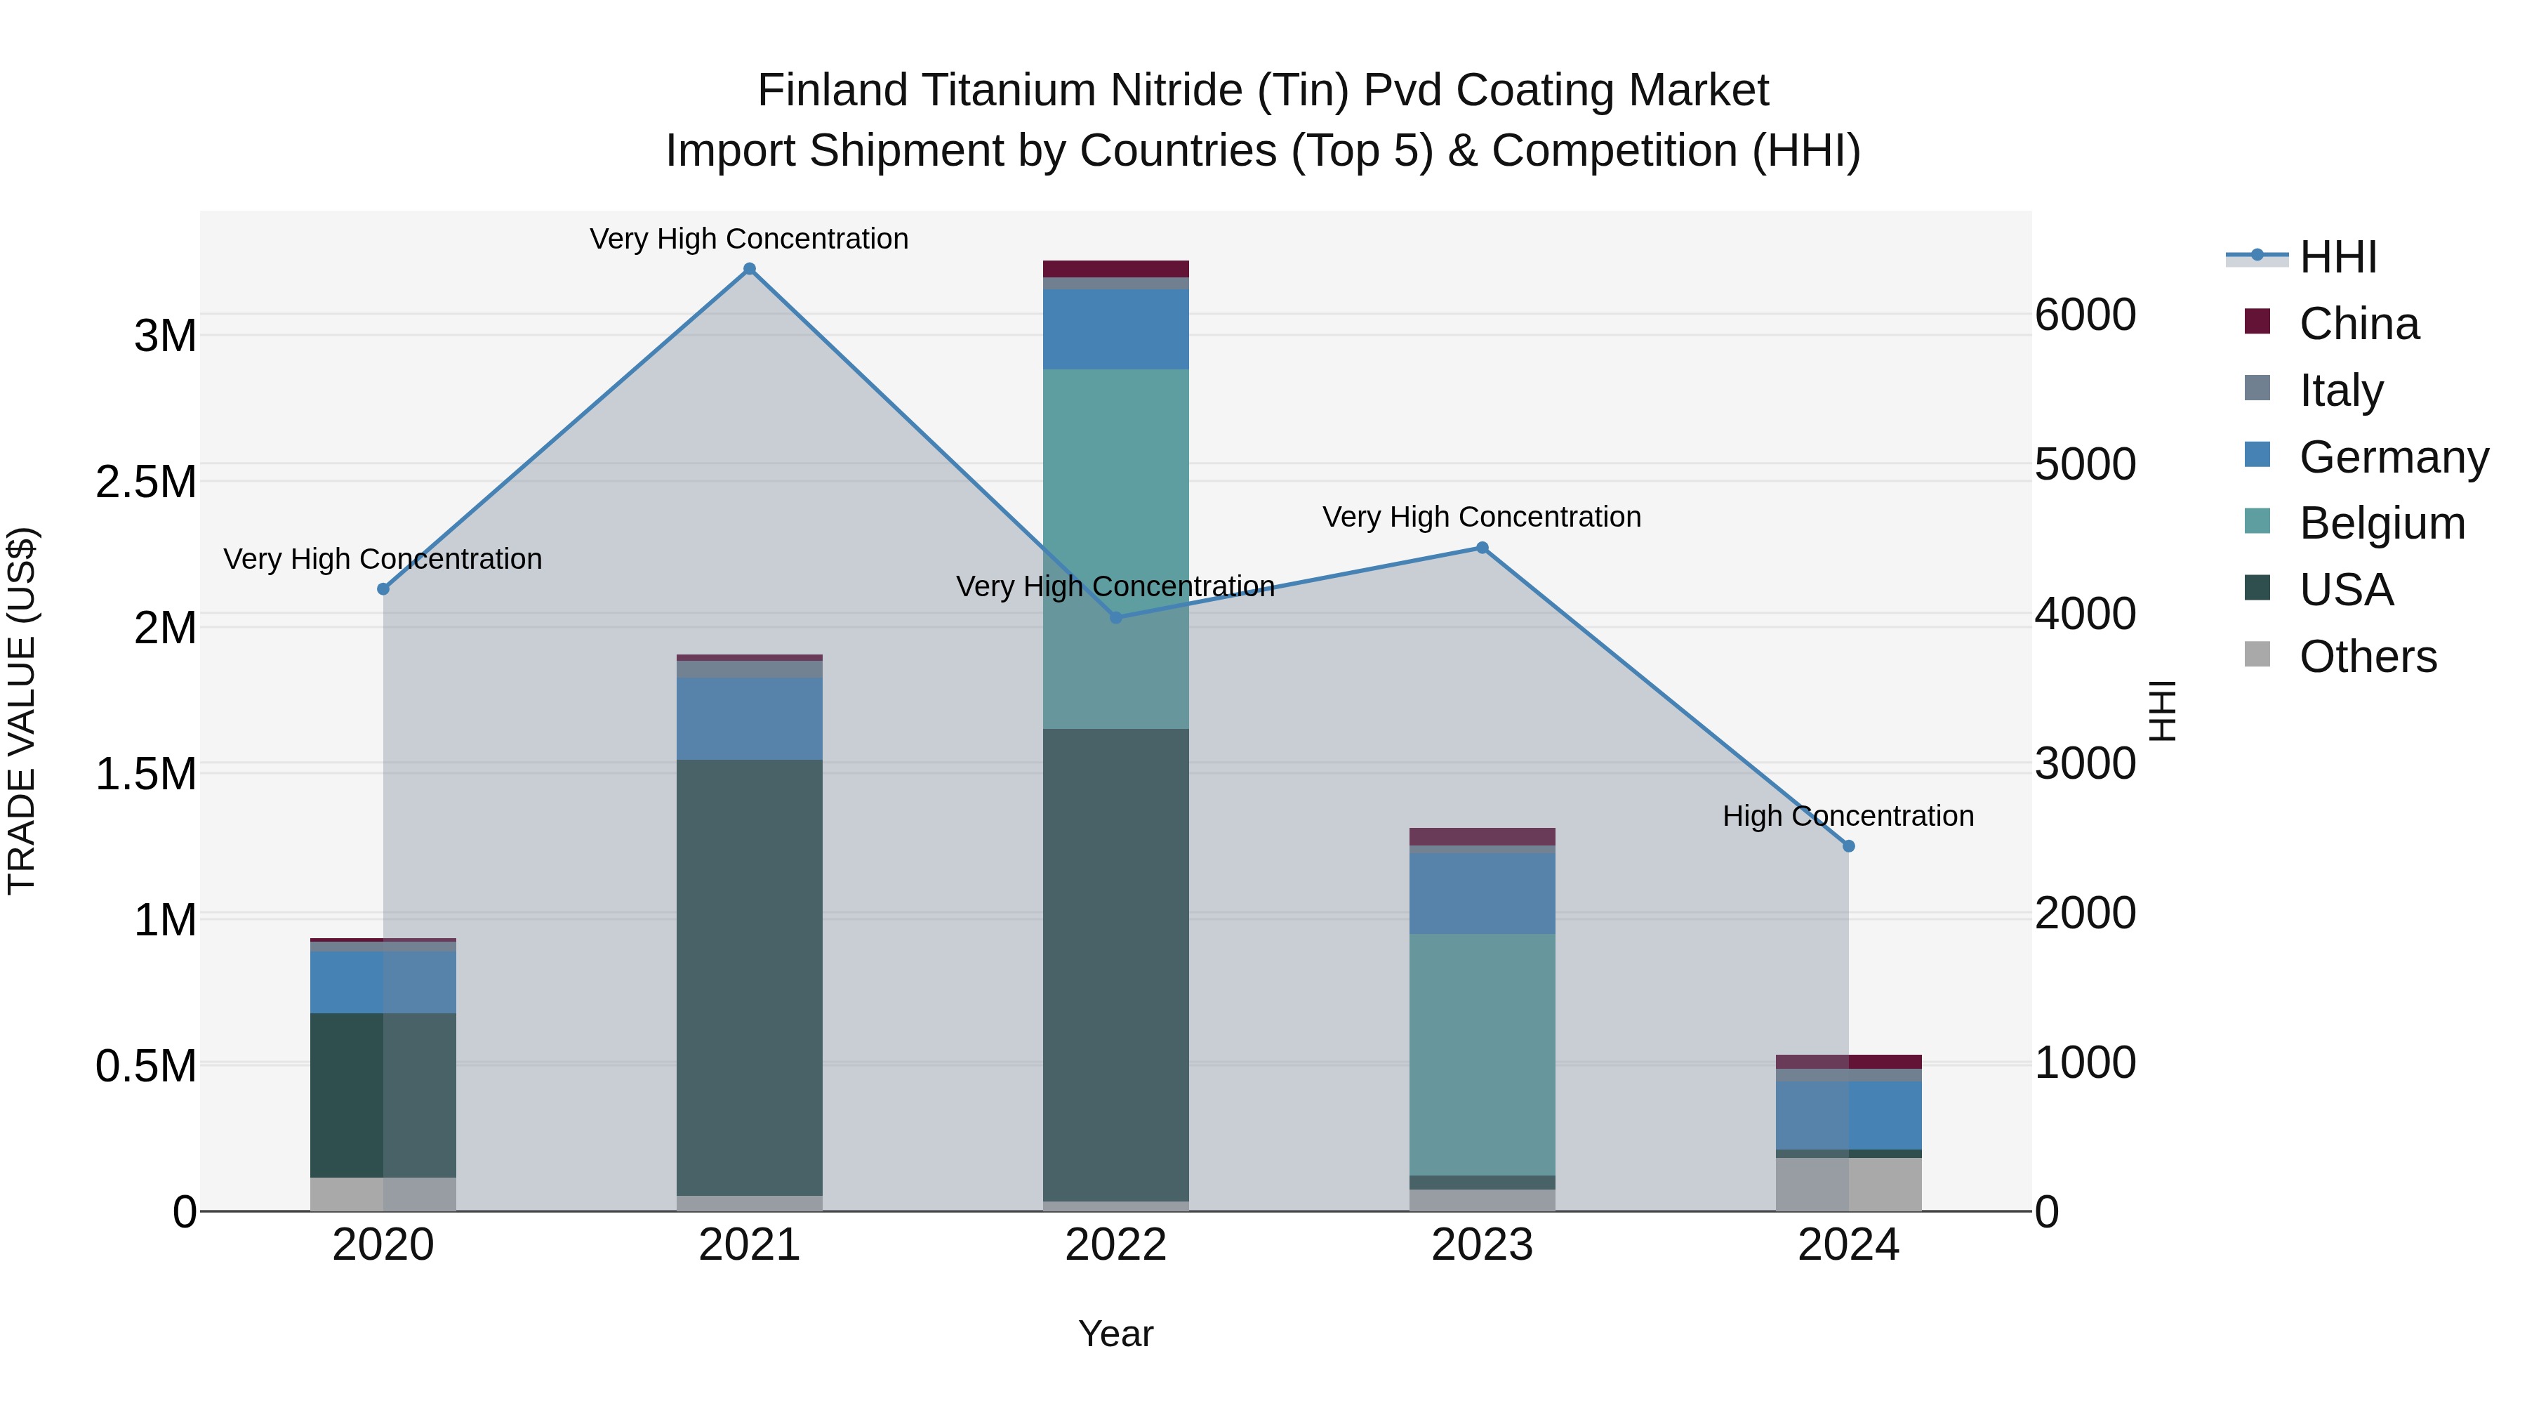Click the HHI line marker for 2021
[750, 269]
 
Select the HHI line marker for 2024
[1848, 846]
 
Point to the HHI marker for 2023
[1483, 548]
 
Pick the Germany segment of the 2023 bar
[1483, 893]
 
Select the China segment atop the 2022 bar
[1115, 269]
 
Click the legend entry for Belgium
[2381, 523]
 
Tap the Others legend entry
[2366, 657]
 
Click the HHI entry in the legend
[2337, 257]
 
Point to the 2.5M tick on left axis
[145, 482]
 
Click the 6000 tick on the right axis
[2085, 315]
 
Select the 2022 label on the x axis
[1115, 1245]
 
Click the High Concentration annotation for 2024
[1848, 815]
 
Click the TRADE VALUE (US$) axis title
[22, 711]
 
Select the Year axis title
[1115, 1334]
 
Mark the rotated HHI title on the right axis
[2162, 711]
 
